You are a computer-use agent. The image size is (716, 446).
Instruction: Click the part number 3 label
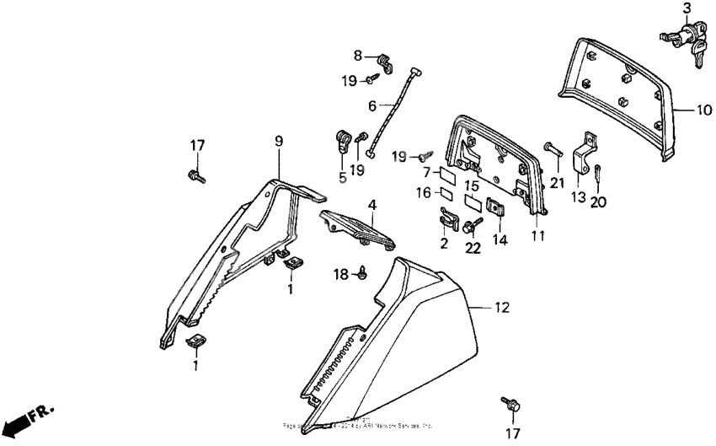point(687,9)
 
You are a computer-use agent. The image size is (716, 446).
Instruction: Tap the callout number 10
point(704,109)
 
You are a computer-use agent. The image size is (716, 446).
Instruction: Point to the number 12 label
point(502,309)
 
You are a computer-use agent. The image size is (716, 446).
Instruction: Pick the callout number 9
point(279,142)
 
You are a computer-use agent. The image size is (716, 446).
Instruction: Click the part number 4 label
point(371,204)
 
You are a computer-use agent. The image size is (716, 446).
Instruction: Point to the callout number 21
point(556,184)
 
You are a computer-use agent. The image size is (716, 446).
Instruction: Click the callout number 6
point(371,105)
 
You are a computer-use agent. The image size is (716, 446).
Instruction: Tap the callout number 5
point(343,177)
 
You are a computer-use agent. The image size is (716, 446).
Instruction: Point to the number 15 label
point(473,185)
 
